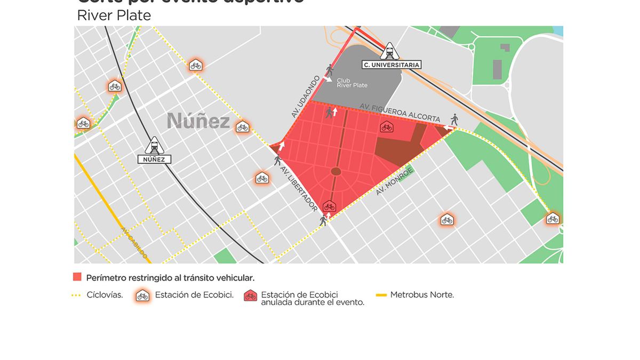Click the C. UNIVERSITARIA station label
coord(391,65)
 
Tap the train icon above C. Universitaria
coord(390,52)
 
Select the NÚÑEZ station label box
coord(155,159)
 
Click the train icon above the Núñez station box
coord(155,145)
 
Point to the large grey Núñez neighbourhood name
coord(198,121)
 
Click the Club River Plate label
coord(351,83)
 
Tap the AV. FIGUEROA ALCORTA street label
coord(400,113)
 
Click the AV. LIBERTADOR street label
coord(299,190)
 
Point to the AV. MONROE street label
coord(395,181)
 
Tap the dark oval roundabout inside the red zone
coord(336,171)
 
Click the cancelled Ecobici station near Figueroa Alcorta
coord(386,127)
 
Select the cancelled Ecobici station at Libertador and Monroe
coord(329,206)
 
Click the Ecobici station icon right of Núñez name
coord(243,127)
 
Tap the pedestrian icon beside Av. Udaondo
coord(330,70)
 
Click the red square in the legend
coord(77,277)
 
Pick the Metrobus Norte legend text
coord(422,294)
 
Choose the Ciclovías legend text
coord(105,294)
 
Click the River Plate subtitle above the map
coord(114,15)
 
